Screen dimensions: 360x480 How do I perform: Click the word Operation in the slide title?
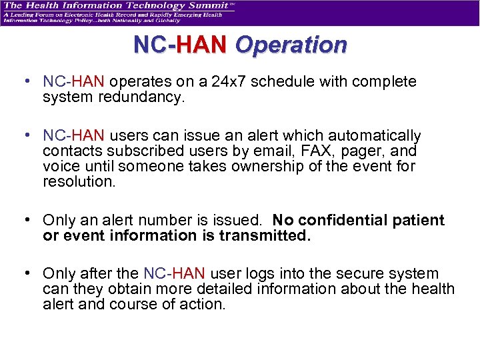(291, 45)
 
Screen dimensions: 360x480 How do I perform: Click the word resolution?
(78, 181)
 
